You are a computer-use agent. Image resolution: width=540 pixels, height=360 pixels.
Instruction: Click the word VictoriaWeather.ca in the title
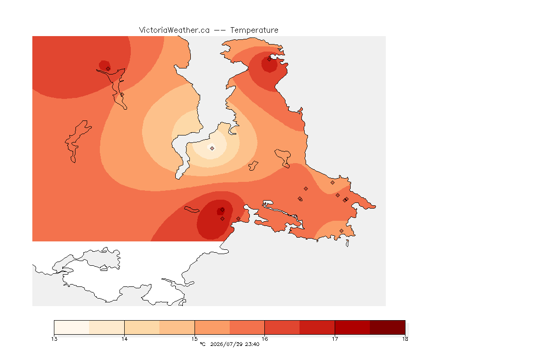pyautogui.click(x=174, y=30)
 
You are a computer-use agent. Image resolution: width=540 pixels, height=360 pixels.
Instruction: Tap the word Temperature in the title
pyautogui.click(x=254, y=30)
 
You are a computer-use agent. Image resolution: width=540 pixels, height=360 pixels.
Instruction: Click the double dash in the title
pyautogui.click(x=220, y=30)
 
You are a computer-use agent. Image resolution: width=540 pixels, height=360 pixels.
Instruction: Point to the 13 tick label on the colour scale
pyautogui.click(x=54, y=339)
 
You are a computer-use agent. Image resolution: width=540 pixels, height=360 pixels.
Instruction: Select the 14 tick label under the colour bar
pyautogui.click(x=124, y=339)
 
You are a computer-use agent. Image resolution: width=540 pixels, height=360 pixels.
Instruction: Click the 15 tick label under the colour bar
pyautogui.click(x=195, y=339)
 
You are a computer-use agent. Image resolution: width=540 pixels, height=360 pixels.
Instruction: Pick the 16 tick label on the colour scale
pyautogui.click(x=264, y=339)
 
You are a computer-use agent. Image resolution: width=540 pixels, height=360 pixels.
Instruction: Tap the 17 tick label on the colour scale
pyautogui.click(x=335, y=339)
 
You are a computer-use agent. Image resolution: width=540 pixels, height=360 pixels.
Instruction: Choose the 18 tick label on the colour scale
pyautogui.click(x=405, y=339)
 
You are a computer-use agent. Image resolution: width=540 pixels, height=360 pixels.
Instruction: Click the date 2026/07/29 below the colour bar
pyautogui.click(x=225, y=344)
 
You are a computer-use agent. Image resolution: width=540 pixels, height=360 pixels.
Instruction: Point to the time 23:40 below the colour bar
pyautogui.click(x=252, y=344)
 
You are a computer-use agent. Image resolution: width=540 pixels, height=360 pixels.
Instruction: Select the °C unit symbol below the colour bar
pyautogui.click(x=203, y=344)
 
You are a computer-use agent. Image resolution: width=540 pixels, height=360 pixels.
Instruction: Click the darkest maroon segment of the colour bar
pyautogui.click(x=388, y=327)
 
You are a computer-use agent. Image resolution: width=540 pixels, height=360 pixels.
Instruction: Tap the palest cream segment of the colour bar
pyautogui.click(x=72, y=327)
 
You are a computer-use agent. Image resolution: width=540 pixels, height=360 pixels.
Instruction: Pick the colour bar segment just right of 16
pyautogui.click(x=282, y=327)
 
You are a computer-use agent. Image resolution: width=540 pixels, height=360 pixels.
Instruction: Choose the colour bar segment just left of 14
pyautogui.click(x=107, y=327)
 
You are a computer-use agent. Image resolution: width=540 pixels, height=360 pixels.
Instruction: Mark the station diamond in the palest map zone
pyautogui.click(x=212, y=148)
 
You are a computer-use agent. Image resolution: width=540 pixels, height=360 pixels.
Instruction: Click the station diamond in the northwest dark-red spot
pyautogui.click(x=108, y=68)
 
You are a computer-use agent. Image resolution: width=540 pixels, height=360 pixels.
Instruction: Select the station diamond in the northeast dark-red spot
pyautogui.click(x=270, y=59)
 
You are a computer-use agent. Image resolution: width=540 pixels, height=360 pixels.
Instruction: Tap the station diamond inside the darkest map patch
pyautogui.click(x=223, y=210)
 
